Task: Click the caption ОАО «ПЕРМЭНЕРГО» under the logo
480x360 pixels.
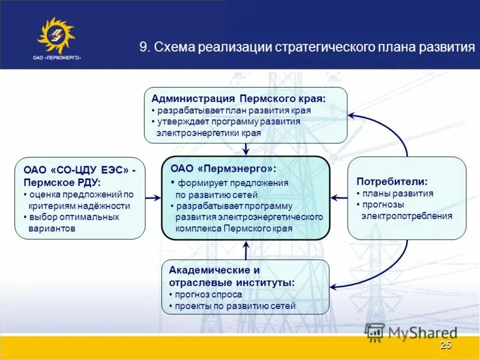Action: (56, 58)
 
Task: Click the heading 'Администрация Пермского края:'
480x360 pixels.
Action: (238, 98)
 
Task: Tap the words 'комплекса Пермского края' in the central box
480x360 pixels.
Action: (234, 228)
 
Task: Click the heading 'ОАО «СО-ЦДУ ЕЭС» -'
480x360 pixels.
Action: (79, 170)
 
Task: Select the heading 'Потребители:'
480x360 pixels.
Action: (392, 181)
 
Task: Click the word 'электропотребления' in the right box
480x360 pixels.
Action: (406, 216)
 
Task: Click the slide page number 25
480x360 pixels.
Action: (445, 344)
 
